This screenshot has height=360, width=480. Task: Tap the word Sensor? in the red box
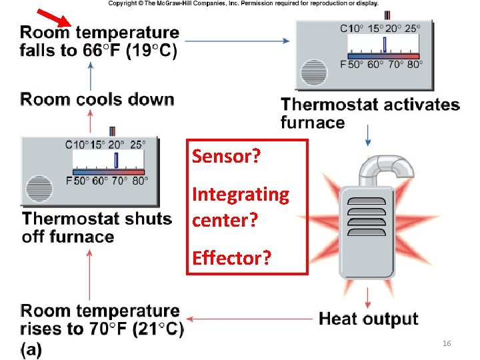[226, 157]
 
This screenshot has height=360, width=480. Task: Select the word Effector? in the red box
[231, 258]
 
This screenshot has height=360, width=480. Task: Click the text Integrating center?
[241, 207]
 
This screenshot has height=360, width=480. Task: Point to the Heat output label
[368, 319]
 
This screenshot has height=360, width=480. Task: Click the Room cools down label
[97, 99]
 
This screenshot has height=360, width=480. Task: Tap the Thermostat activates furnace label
[370, 113]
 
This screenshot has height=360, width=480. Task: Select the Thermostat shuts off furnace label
[97, 227]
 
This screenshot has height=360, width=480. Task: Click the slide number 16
[447, 343]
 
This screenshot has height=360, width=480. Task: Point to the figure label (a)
[31, 349]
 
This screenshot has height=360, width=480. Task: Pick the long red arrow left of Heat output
[250, 319]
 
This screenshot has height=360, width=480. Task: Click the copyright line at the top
[243, 3]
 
